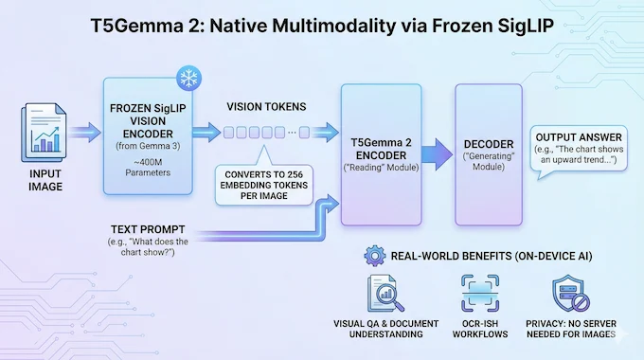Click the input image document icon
pos(43,135)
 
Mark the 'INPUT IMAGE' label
pos(43,181)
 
